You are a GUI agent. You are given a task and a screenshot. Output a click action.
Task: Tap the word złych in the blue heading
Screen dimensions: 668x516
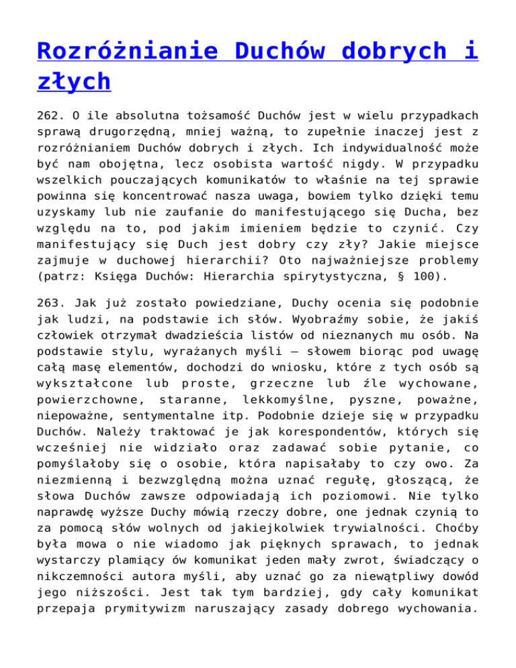(x=74, y=82)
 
